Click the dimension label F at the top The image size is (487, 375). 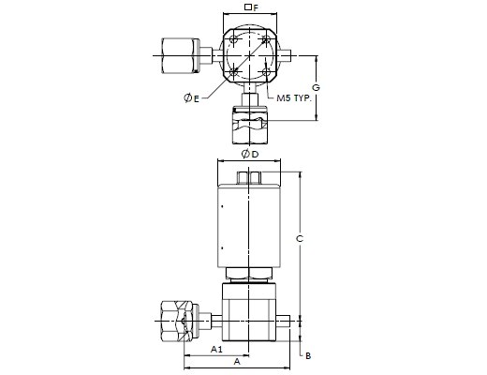pyautogui.click(x=256, y=7)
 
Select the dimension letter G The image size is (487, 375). pyautogui.click(x=316, y=87)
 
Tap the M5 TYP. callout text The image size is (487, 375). pyautogui.click(x=294, y=98)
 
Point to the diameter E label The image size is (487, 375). pyautogui.click(x=191, y=98)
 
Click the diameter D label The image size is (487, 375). pyautogui.click(x=250, y=154)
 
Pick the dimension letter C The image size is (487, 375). pyautogui.click(x=300, y=239)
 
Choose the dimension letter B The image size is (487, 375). pyautogui.click(x=308, y=356)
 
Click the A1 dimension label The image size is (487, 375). pyautogui.click(x=216, y=349)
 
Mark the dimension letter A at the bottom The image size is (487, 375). pyautogui.click(x=237, y=362)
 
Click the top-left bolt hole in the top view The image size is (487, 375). pyautogui.click(x=233, y=40)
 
